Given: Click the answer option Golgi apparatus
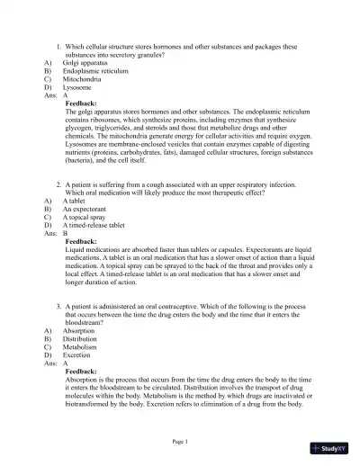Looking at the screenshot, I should point(89,62).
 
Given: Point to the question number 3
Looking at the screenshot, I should point(58,305).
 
